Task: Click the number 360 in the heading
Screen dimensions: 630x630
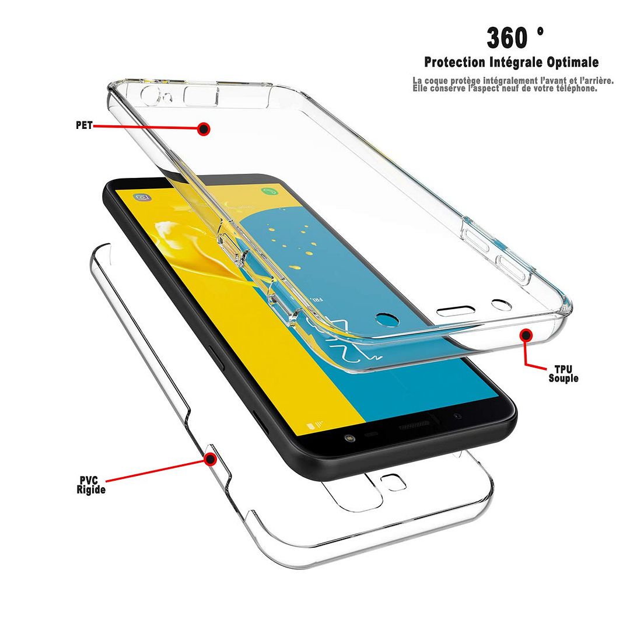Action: coord(507,38)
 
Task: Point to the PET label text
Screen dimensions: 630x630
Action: coord(84,125)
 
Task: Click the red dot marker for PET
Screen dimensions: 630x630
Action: coord(204,128)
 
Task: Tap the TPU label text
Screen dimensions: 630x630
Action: coord(563,369)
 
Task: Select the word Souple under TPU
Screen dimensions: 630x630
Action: coord(563,378)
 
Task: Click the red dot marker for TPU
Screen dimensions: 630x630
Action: coord(526,334)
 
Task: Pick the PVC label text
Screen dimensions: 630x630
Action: coord(89,481)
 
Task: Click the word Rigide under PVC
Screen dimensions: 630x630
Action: coord(91,490)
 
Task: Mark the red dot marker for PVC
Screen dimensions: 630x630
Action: coord(210,459)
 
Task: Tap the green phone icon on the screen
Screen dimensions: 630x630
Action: coord(267,191)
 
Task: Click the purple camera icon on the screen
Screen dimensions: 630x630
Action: coord(141,198)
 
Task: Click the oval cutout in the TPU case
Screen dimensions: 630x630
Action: coord(455,310)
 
